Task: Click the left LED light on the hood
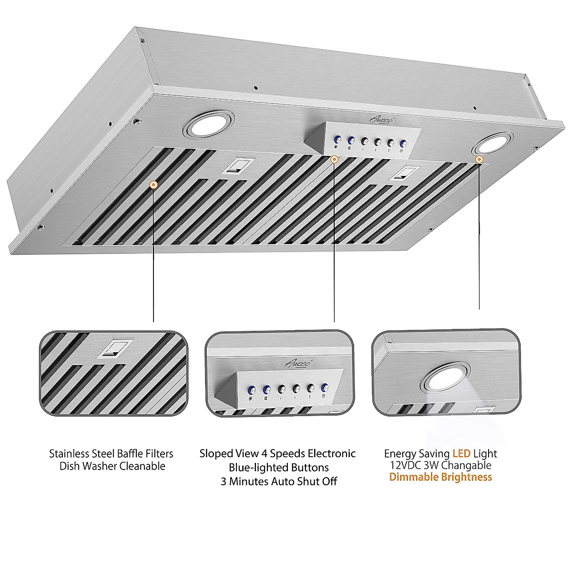coord(208,125)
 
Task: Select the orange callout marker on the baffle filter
coord(153,185)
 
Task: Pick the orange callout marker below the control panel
coord(334,159)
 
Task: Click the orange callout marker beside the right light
coord(479,159)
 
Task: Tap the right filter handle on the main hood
coord(403,173)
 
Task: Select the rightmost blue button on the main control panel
coord(403,143)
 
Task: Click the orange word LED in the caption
coord(461,453)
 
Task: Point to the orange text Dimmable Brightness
coord(440,477)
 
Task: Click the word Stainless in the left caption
coord(69,453)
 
